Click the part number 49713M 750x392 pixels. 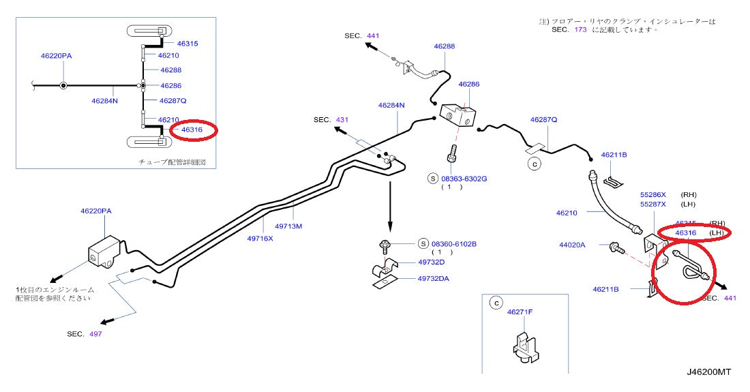point(288,226)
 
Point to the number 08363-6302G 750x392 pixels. point(464,178)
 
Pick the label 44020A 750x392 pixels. point(572,244)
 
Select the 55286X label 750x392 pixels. point(652,194)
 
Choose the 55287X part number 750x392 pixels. point(652,204)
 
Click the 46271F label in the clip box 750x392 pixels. point(520,312)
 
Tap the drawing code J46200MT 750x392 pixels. point(709,372)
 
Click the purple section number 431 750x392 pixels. point(341,120)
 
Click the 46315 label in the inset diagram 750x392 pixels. point(187,43)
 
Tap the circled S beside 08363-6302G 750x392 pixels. point(432,178)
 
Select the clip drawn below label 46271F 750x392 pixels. point(524,344)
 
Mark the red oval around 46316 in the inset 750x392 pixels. point(193,130)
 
